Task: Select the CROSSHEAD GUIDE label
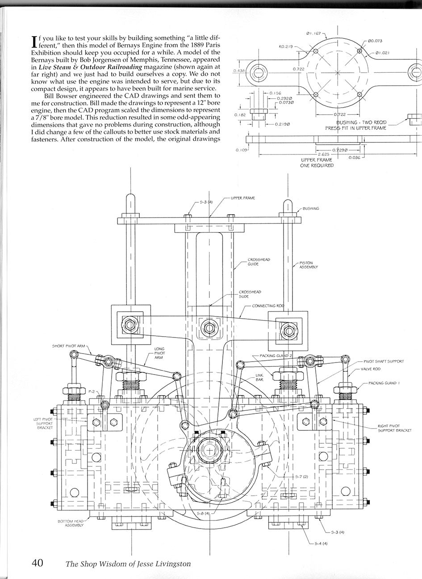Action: tap(259, 262)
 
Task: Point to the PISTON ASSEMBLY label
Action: tap(309, 265)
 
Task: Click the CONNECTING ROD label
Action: tap(268, 306)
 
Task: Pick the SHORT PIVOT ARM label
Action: tap(68, 346)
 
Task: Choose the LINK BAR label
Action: tap(259, 377)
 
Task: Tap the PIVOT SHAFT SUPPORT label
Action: tap(384, 361)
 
